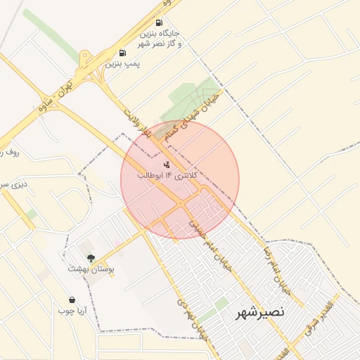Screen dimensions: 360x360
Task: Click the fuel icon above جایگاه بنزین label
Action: (x=158, y=23)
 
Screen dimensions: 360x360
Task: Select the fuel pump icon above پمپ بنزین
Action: (x=123, y=53)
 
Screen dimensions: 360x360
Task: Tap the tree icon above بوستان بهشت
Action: (x=90, y=257)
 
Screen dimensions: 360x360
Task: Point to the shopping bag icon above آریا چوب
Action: (x=71, y=300)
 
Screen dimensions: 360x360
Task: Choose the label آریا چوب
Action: (x=71, y=311)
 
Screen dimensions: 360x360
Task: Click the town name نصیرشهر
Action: (x=260, y=312)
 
